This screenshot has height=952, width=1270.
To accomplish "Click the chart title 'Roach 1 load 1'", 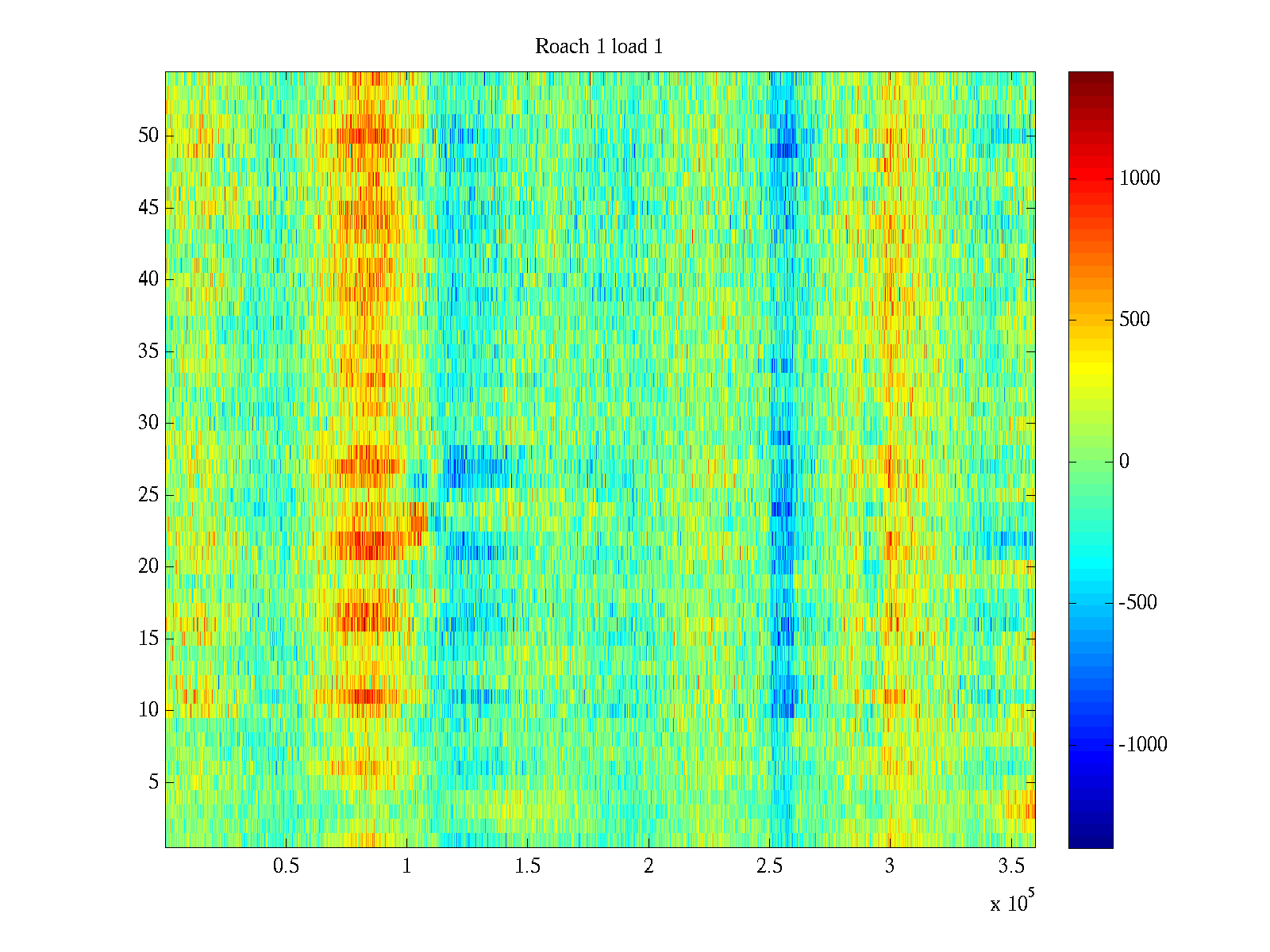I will (x=598, y=47).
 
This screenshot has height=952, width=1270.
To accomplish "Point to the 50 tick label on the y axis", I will (x=148, y=136).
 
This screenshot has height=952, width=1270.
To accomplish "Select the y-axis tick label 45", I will (x=148, y=208).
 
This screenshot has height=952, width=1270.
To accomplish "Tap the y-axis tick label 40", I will (x=148, y=279).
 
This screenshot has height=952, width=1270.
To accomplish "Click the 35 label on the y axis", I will (x=148, y=351).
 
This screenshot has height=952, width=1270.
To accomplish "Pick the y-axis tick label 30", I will (x=148, y=423).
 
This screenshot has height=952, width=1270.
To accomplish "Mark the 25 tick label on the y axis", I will (x=148, y=495).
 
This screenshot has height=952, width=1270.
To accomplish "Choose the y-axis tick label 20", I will (x=148, y=566).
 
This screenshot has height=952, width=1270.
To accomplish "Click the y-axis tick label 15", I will (x=148, y=639).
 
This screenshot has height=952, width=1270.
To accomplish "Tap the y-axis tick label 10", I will (x=148, y=710).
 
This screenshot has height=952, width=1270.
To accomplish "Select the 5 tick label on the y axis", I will (x=153, y=782).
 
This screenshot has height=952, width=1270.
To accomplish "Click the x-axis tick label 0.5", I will (x=286, y=866).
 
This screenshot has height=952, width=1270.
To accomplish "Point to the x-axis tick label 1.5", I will (x=527, y=866).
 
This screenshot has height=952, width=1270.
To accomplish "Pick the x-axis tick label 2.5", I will (x=769, y=866).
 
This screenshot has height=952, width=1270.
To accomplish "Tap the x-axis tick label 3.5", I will (x=1010, y=866).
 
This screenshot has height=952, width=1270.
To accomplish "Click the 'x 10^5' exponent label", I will (x=1012, y=903).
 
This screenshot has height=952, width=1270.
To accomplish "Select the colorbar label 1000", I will (x=1140, y=178).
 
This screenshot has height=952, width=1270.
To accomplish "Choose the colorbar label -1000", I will (x=1143, y=745).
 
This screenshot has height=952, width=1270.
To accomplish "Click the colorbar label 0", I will (x=1124, y=462).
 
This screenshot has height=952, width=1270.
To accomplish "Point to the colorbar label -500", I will (x=1138, y=603).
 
